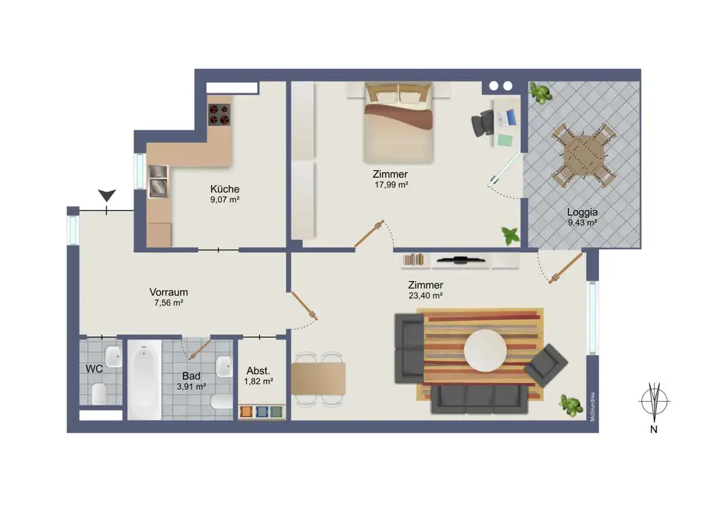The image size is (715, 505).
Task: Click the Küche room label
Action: (225, 189)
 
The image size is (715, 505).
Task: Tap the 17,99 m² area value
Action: (391, 185)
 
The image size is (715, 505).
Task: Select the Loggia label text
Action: (582, 212)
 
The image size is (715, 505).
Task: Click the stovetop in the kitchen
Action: (219, 114)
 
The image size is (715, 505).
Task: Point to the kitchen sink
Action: (159, 181)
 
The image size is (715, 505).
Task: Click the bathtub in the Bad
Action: (144, 379)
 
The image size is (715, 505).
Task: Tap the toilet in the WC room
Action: (99, 393)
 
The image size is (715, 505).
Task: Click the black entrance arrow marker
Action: (107, 195)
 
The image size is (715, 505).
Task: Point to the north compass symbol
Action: (654, 402)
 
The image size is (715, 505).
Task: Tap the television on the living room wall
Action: (460, 260)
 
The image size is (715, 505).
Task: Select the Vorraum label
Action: (169, 292)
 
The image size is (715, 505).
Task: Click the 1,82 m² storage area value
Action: (258, 382)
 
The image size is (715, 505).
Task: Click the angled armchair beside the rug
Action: (546, 365)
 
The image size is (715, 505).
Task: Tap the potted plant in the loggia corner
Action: (540, 93)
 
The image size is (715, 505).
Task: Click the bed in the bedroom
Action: (398, 123)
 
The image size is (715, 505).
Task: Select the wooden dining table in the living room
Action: (318, 379)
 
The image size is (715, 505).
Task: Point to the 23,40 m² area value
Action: (426, 296)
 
